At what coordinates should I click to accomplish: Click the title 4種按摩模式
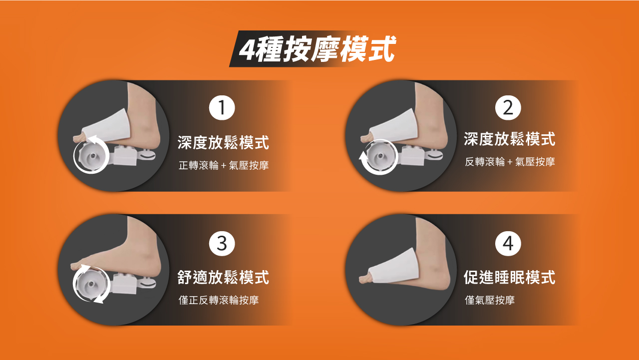tap(317, 49)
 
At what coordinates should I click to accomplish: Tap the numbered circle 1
tap(222, 108)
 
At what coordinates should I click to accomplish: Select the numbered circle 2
tap(508, 108)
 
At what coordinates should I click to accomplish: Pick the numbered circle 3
tap(222, 243)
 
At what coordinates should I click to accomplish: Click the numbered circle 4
tap(508, 243)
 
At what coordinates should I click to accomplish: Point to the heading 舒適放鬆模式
tap(223, 277)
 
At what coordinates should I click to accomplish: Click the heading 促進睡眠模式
tap(510, 277)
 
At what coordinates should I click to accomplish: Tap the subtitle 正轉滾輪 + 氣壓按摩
tap(224, 165)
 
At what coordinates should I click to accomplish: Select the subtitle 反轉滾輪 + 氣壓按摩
tap(510, 162)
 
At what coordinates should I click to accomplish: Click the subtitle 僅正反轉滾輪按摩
tap(219, 300)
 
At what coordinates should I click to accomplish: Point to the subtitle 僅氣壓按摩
tap(490, 300)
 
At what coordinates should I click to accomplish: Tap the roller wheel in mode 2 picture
tap(380, 156)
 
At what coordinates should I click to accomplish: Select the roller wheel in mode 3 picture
tap(91, 284)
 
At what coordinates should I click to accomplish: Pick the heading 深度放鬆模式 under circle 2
tap(510, 139)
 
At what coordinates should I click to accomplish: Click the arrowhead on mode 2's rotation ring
tap(363, 157)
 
